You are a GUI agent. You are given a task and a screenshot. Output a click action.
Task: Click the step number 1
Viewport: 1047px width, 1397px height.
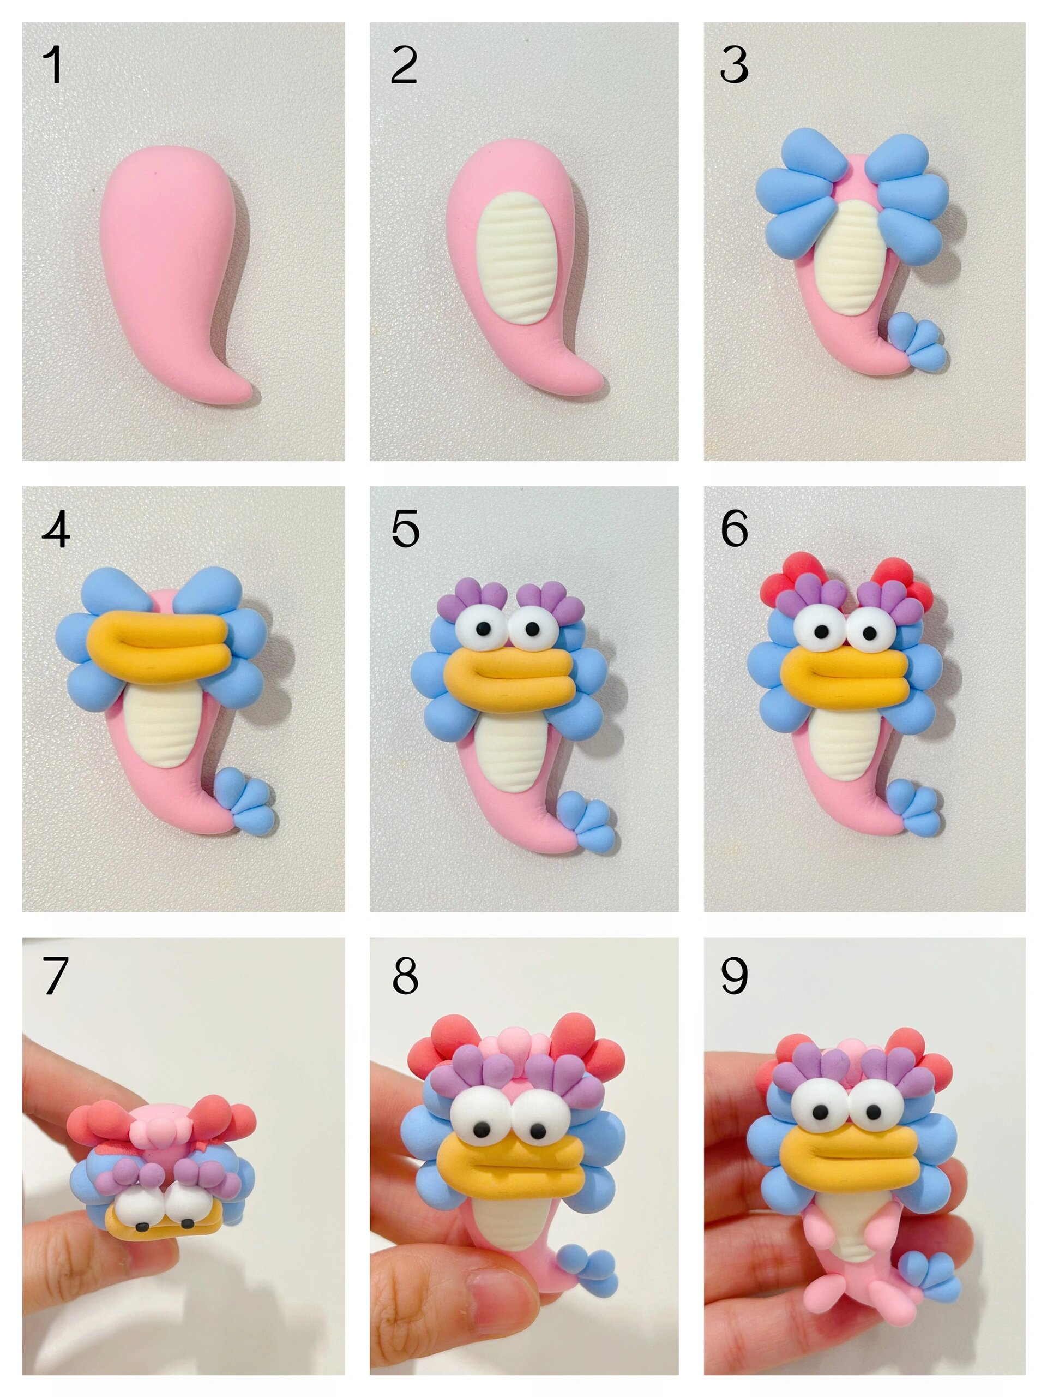pos(53,65)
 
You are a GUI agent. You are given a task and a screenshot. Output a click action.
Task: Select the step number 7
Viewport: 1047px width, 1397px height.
pos(55,975)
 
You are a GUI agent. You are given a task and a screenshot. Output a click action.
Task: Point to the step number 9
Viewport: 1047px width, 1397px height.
pos(734,975)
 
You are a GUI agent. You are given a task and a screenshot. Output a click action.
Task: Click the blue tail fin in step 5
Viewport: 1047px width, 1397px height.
pos(586,819)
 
